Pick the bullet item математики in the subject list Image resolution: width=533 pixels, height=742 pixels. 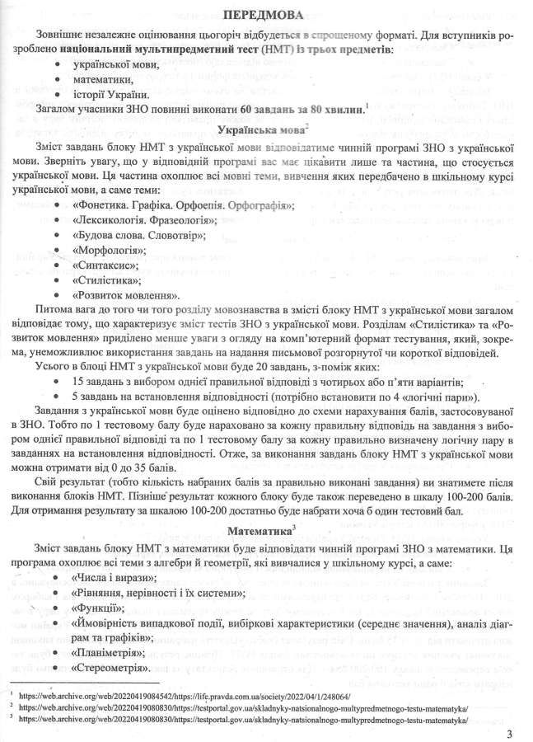104,78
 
